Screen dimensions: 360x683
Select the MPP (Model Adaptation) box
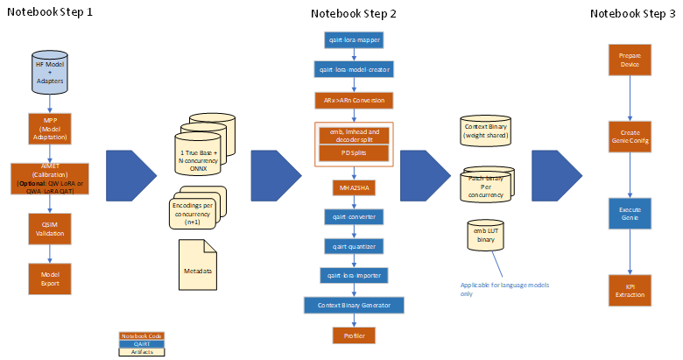(49, 128)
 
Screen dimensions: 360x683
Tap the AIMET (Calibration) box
(49, 179)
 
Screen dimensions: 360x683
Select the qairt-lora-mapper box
(354, 40)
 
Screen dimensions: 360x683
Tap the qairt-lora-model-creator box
(354, 69)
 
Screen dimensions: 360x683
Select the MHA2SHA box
(354, 187)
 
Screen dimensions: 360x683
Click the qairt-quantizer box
(354, 246)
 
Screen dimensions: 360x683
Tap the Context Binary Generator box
(354, 305)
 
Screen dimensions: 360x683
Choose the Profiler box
(354, 335)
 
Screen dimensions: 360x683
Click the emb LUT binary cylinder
(485, 236)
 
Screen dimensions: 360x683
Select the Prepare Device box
(630, 60)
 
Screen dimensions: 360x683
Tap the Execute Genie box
(630, 214)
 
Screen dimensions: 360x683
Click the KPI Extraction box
(630, 290)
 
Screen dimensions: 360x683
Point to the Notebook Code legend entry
(142, 336)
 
